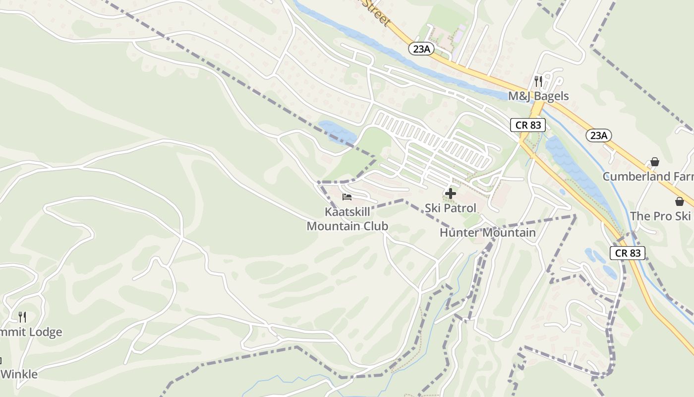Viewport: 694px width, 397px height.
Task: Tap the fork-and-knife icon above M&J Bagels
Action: pyautogui.click(x=538, y=81)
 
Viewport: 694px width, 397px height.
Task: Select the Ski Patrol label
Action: pyautogui.click(x=450, y=208)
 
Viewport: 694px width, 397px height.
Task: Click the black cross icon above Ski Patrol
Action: pyautogui.click(x=450, y=194)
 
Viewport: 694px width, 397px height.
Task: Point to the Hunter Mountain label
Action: pyautogui.click(x=488, y=232)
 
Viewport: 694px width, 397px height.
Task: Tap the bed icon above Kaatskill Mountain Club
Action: pyautogui.click(x=347, y=198)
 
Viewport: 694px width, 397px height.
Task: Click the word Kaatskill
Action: pyautogui.click(x=347, y=212)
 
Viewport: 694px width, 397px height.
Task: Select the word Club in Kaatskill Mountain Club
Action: pyautogui.click(x=374, y=226)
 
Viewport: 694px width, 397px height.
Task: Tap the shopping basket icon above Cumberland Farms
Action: pyautogui.click(x=655, y=162)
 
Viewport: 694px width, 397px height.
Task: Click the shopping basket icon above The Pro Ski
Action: pyautogui.click(x=679, y=201)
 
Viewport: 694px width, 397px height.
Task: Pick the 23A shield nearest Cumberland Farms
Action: pyautogui.click(x=598, y=135)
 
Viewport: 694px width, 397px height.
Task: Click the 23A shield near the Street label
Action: pyautogui.click(x=421, y=48)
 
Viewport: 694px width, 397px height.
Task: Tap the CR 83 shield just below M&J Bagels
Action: pyautogui.click(x=528, y=125)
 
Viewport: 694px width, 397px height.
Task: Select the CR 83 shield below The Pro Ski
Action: pyautogui.click(x=628, y=253)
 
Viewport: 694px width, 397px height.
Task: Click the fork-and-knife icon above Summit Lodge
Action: pyautogui.click(x=22, y=317)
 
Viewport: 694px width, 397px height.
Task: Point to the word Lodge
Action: pyautogui.click(x=45, y=332)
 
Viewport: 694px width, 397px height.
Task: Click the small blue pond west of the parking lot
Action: pyautogui.click(x=337, y=132)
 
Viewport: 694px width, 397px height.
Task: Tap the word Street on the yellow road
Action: pyautogui.click(x=378, y=12)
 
